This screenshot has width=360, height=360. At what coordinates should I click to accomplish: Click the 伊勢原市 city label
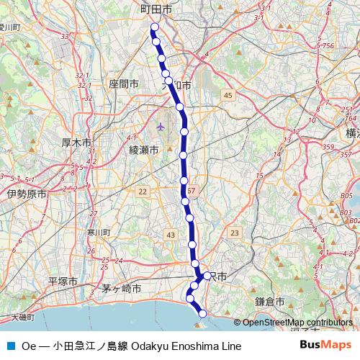click(x=27, y=194)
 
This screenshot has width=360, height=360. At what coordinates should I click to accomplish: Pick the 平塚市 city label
click(x=63, y=281)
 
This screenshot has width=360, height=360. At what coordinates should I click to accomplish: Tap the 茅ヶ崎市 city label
click(x=121, y=288)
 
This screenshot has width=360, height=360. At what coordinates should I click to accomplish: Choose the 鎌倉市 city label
click(x=270, y=302)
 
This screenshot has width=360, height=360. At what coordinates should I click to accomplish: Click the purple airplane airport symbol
click(x=160, y=127)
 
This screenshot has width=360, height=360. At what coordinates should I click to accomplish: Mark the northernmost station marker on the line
click(x=153, y=28)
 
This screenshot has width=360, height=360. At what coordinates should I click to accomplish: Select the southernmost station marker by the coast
click(x=202, y=313)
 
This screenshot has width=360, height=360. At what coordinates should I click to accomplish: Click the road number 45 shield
click(x=228, y=95)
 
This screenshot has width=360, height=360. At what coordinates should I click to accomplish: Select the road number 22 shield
click(x=143, y=191)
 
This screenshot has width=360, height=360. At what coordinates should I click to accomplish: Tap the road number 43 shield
click(x=170, y=235)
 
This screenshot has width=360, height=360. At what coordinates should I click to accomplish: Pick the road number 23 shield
click(x=234, y=233)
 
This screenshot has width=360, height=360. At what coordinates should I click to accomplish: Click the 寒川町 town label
click(x=97, y=233)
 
